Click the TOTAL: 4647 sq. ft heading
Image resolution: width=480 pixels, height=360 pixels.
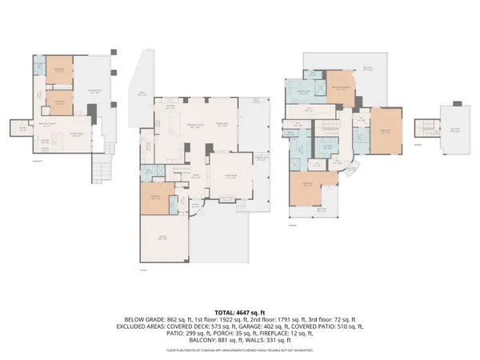pyautogui.click(x=240, y=310)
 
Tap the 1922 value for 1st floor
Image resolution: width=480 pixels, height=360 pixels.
pyautogui.click(x=218, y=318)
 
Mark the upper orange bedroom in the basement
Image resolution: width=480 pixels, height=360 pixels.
pyautogui.click(x=58, y=70)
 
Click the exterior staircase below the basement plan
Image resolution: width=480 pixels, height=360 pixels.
pyautogui.click(x=102, y=169)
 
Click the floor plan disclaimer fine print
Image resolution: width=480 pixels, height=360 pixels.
pyautogui.click(x=240, y=350)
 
